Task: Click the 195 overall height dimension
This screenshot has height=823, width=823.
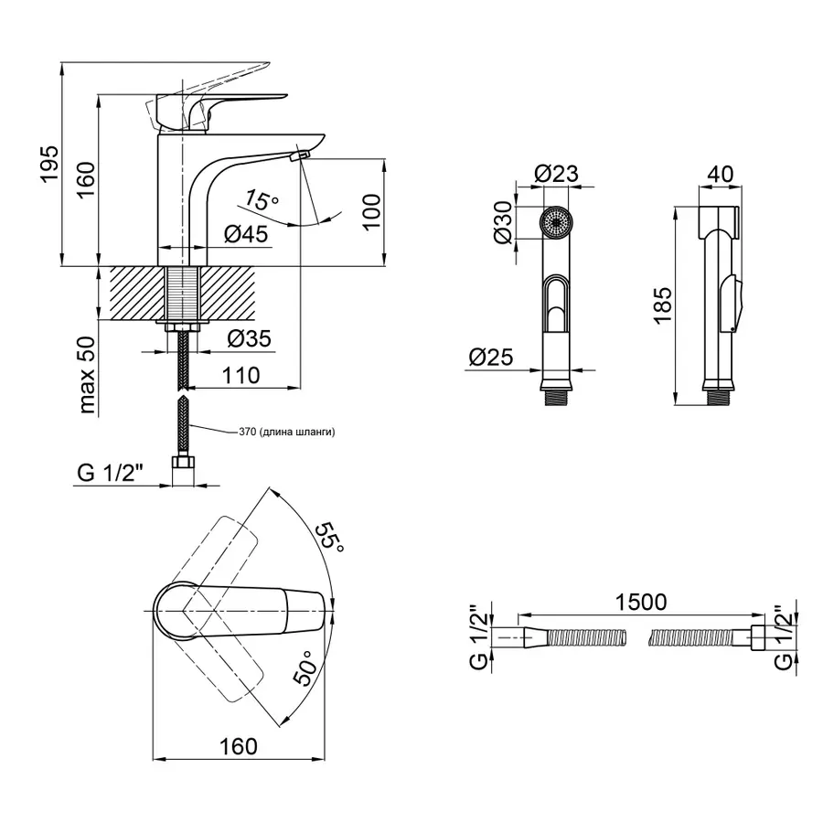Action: [50, 164]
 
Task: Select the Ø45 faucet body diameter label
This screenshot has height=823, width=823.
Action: [246, 234]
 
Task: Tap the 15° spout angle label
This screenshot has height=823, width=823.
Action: [262, 199]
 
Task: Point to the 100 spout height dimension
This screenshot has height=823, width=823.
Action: [371, 211]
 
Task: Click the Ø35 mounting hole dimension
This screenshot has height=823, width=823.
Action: [250, 338]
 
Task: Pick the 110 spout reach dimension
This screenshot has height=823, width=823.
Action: [240, 375]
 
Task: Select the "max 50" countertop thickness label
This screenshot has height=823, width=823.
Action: [87, 375]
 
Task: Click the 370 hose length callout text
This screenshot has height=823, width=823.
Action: [286, 432]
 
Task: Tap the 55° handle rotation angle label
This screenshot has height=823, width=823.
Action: [329, 537]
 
